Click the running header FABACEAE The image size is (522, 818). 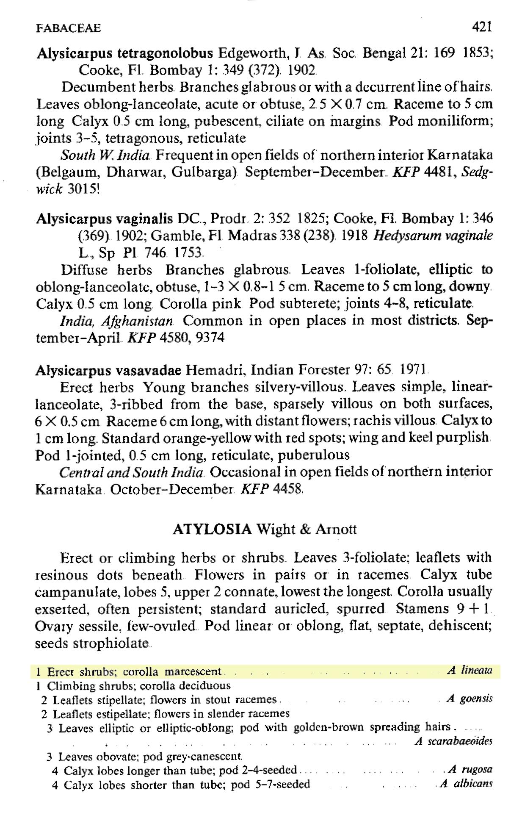click(69, 28)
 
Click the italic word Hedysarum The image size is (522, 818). click(403, 236)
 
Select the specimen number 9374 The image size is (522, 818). click(210, 338)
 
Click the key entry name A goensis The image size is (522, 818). click(470, 699)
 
